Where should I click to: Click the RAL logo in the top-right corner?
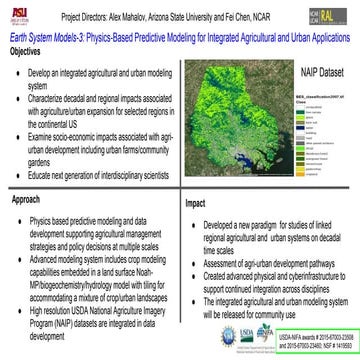343,15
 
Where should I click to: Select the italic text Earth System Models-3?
46,37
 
